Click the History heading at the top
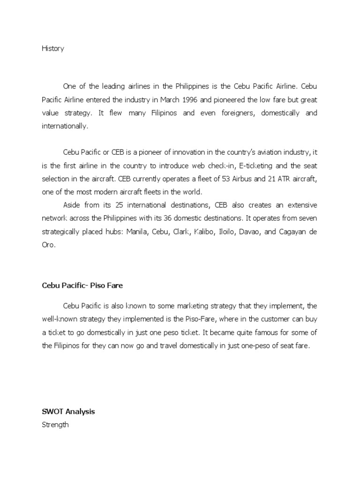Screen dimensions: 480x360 click(x=52, y=49)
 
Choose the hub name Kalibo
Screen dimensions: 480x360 click(x=202, y=231)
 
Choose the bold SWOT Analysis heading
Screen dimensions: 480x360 click(x=68, y=412)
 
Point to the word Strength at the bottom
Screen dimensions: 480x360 click(x=55, y=425)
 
